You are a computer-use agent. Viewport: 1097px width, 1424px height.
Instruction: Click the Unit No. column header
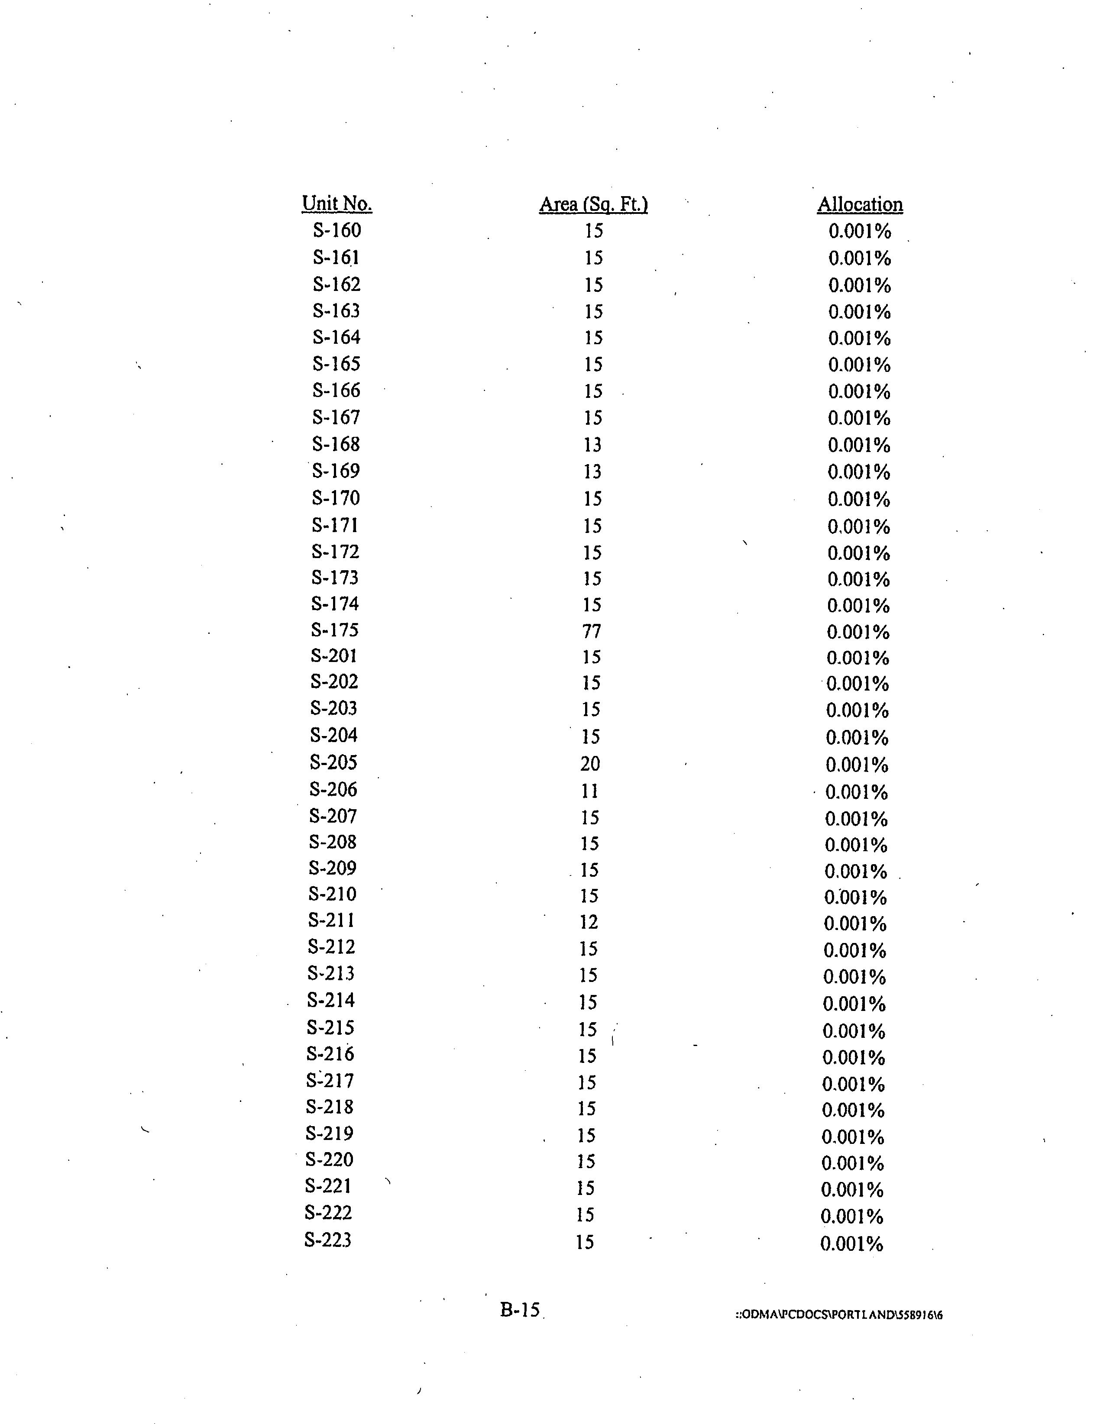click(x=337, y=203)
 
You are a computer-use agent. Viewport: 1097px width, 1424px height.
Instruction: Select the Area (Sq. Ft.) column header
click(x=593, y=205)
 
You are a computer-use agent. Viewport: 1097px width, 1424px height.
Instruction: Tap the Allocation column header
click(x=860, y=205)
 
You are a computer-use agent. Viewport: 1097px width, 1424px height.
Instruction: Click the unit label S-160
click(x=337, y=230)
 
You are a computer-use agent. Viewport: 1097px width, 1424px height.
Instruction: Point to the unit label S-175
click(x=335, y=630)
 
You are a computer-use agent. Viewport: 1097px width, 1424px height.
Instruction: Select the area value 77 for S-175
click(x=592, y=631)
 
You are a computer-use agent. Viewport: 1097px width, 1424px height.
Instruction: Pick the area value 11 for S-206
click(x=589, y=791)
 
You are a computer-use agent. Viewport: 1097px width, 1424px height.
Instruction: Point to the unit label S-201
click(x=334, y=656)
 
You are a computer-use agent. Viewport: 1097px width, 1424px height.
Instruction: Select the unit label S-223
click(x=328, y=1240)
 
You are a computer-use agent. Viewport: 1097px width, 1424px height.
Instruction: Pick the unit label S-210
click(x=333, y=894)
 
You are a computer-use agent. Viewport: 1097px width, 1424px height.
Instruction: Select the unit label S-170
click(x=335, y=498)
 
